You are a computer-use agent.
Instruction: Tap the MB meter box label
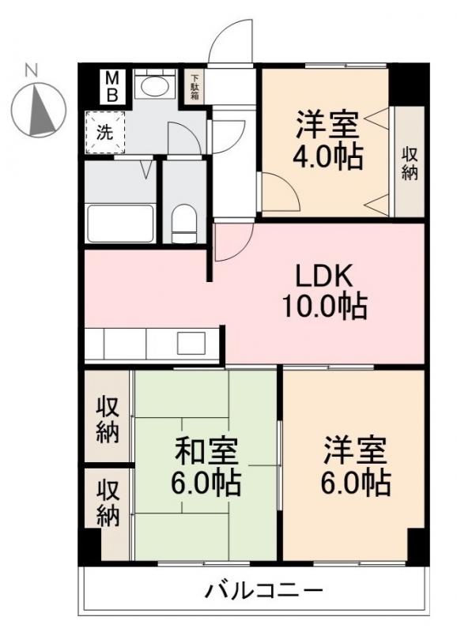(x=113, y=86)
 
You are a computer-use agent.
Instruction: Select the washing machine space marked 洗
(x=105, y=133)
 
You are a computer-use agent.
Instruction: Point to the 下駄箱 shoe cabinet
(x=194, y=88)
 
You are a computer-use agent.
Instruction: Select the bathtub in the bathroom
(x=120, y=223)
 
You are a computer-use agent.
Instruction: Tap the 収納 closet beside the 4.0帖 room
(x=409, y=163)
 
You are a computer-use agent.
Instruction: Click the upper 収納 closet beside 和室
(x=108, y=419)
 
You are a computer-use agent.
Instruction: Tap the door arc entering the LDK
(x=231, y=242)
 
